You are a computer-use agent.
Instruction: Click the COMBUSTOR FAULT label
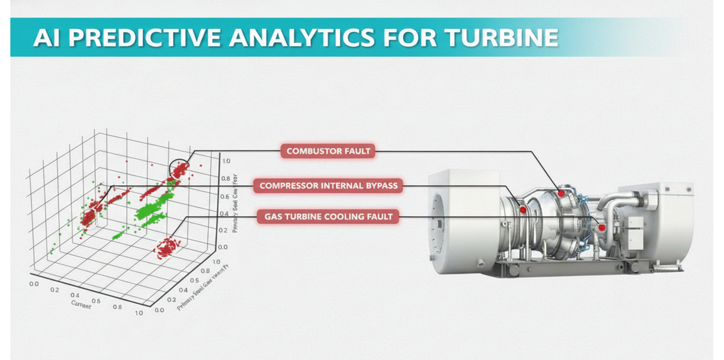[328, 151]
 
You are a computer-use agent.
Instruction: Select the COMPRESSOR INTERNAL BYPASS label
[328, 186]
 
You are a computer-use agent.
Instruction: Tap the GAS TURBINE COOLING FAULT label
[328, 217]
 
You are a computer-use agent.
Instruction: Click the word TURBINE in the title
[501, 38]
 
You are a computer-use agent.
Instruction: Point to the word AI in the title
[46, 38]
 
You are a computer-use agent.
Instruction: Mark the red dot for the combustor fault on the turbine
[561, 193]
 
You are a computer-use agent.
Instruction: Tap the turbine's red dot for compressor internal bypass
[523, 210]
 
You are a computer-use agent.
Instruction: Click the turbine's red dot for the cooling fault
[602, 227]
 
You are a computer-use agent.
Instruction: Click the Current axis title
[81, 305]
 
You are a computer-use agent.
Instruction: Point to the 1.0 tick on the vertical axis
[226, 161]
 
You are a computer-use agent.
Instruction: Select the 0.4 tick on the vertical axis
[224, 214]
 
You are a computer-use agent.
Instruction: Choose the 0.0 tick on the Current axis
[34, 284]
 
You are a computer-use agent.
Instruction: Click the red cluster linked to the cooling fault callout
[167, 248]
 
